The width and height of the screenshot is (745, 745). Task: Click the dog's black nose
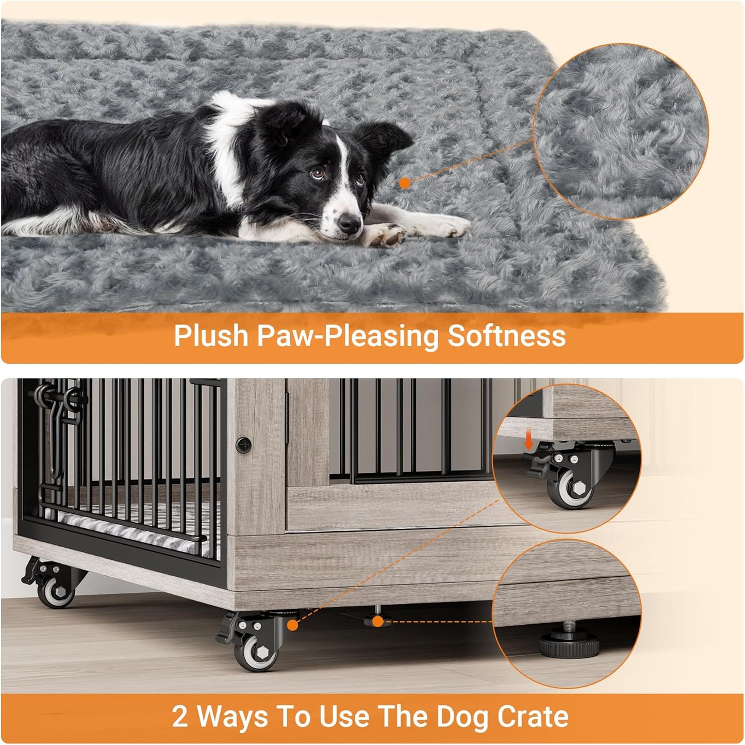[x=350, y=223]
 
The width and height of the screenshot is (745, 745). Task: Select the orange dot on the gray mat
[x=405, y=183]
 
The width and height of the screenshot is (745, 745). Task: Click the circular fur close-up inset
[x=620, y=131]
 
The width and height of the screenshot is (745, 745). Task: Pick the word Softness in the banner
[x=506, y=336]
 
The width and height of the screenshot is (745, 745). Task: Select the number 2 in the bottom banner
[x=180, y=717]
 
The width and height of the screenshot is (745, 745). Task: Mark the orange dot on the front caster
[x=293, y=625]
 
